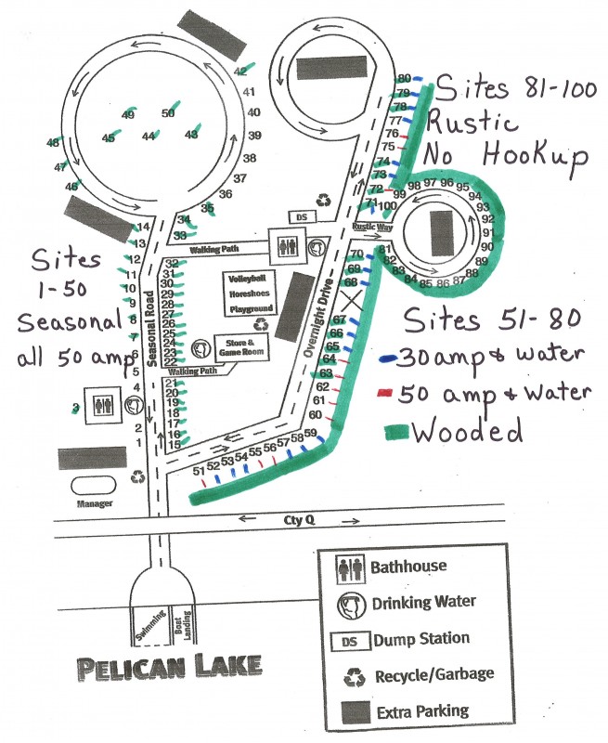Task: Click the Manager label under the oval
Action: (96, 503)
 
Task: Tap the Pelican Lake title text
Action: (170, 666)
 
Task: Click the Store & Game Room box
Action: (242, 346)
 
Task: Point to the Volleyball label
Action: (250, 278)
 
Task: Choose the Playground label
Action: (251, 307)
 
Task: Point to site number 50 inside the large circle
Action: (167, 113)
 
